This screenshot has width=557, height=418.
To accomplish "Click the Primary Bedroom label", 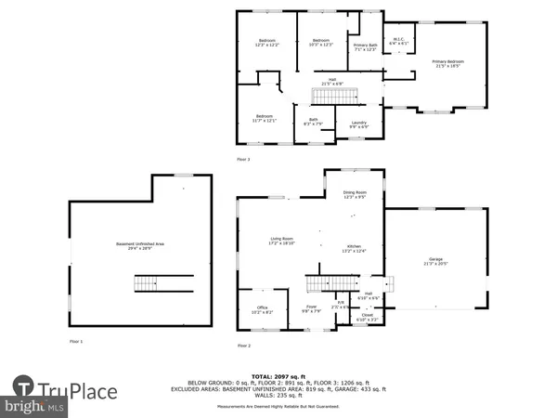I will pos(447,64).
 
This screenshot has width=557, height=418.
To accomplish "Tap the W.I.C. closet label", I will pos(399,41).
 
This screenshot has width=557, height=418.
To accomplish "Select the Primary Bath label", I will pos(366,47).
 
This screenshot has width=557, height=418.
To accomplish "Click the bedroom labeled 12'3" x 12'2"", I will pos(266,43).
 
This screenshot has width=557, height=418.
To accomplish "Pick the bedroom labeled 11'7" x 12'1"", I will pos(265,118).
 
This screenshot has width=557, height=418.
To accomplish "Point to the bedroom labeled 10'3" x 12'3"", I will pos(320,43).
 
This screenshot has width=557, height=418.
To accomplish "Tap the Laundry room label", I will pos(358,124).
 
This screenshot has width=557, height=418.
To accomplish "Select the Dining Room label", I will pos(356,195).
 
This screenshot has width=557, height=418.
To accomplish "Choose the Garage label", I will pos(435,261).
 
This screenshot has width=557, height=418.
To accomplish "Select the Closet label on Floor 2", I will pos(369,316).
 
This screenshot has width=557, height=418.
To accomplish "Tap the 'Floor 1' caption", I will pos(76,343).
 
